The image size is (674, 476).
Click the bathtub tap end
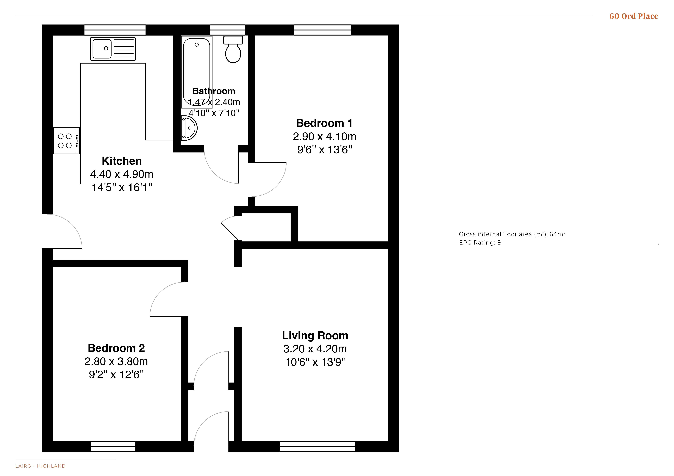(x=197, y=44)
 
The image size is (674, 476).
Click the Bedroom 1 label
(x=324, y=123)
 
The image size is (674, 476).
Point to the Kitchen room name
(x=122, y=161)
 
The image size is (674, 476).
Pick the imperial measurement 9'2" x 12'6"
(x=117, y=375)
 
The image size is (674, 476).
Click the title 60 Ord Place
(x=634, y=16)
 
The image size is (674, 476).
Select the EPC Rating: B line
(x=480, y=243)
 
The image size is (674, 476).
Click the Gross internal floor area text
(x=512, y=234)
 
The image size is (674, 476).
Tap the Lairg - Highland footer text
(x=40, y=466)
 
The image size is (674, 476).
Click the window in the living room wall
(x=317, y=446)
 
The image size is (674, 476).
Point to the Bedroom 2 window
(x=113, y=446)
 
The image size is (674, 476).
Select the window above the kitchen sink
(x=115, y=30)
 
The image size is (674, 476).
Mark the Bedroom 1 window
(x=323, y=30)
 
